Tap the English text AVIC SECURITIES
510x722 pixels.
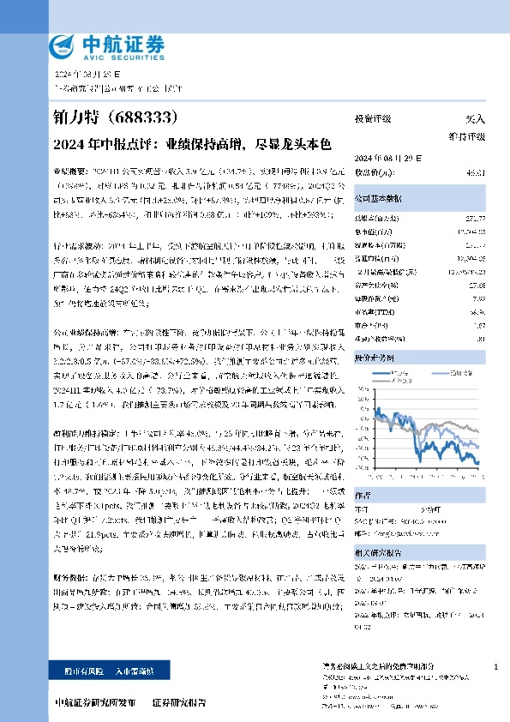[121, 53]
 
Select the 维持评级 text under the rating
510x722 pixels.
[468, 137]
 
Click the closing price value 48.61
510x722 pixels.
[474, 172]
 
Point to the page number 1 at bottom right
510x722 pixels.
[498, 667]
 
